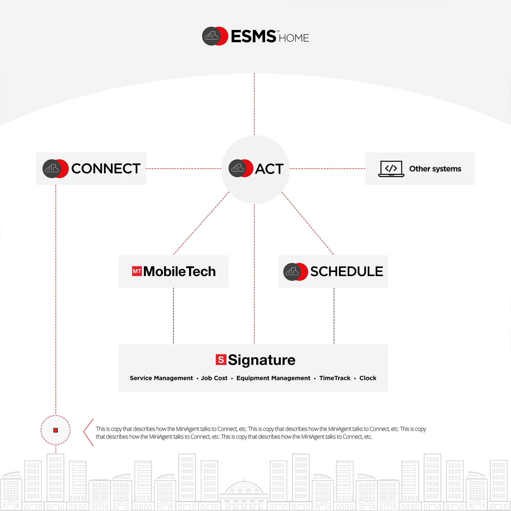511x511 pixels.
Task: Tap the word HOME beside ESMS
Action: tap(294, 38)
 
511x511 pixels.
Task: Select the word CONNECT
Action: tap(106, 169)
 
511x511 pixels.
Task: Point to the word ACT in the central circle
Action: tap(269, 169)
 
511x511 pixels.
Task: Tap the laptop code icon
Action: tap(391, 169)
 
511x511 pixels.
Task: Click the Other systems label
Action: tap(435, 169)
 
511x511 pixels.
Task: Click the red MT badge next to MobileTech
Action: tap(137, 271)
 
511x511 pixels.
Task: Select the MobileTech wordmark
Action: tap(179, 271)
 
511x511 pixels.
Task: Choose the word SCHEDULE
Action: tap(346, 271)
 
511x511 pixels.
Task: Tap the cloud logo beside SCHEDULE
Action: tap(292, 271)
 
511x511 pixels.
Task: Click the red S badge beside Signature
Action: tap(221, 360)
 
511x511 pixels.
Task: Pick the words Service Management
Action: tap(161, 378)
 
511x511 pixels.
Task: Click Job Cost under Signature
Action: tap(214, 378)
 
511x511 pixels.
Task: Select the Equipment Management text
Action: tap(273, 378)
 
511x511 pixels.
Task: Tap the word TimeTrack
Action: tap(335, 378)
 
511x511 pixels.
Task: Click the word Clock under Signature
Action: tap(368, 378)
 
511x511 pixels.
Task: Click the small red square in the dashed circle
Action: tap(56, 430)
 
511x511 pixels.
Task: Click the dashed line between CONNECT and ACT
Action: tap(184, 168)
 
